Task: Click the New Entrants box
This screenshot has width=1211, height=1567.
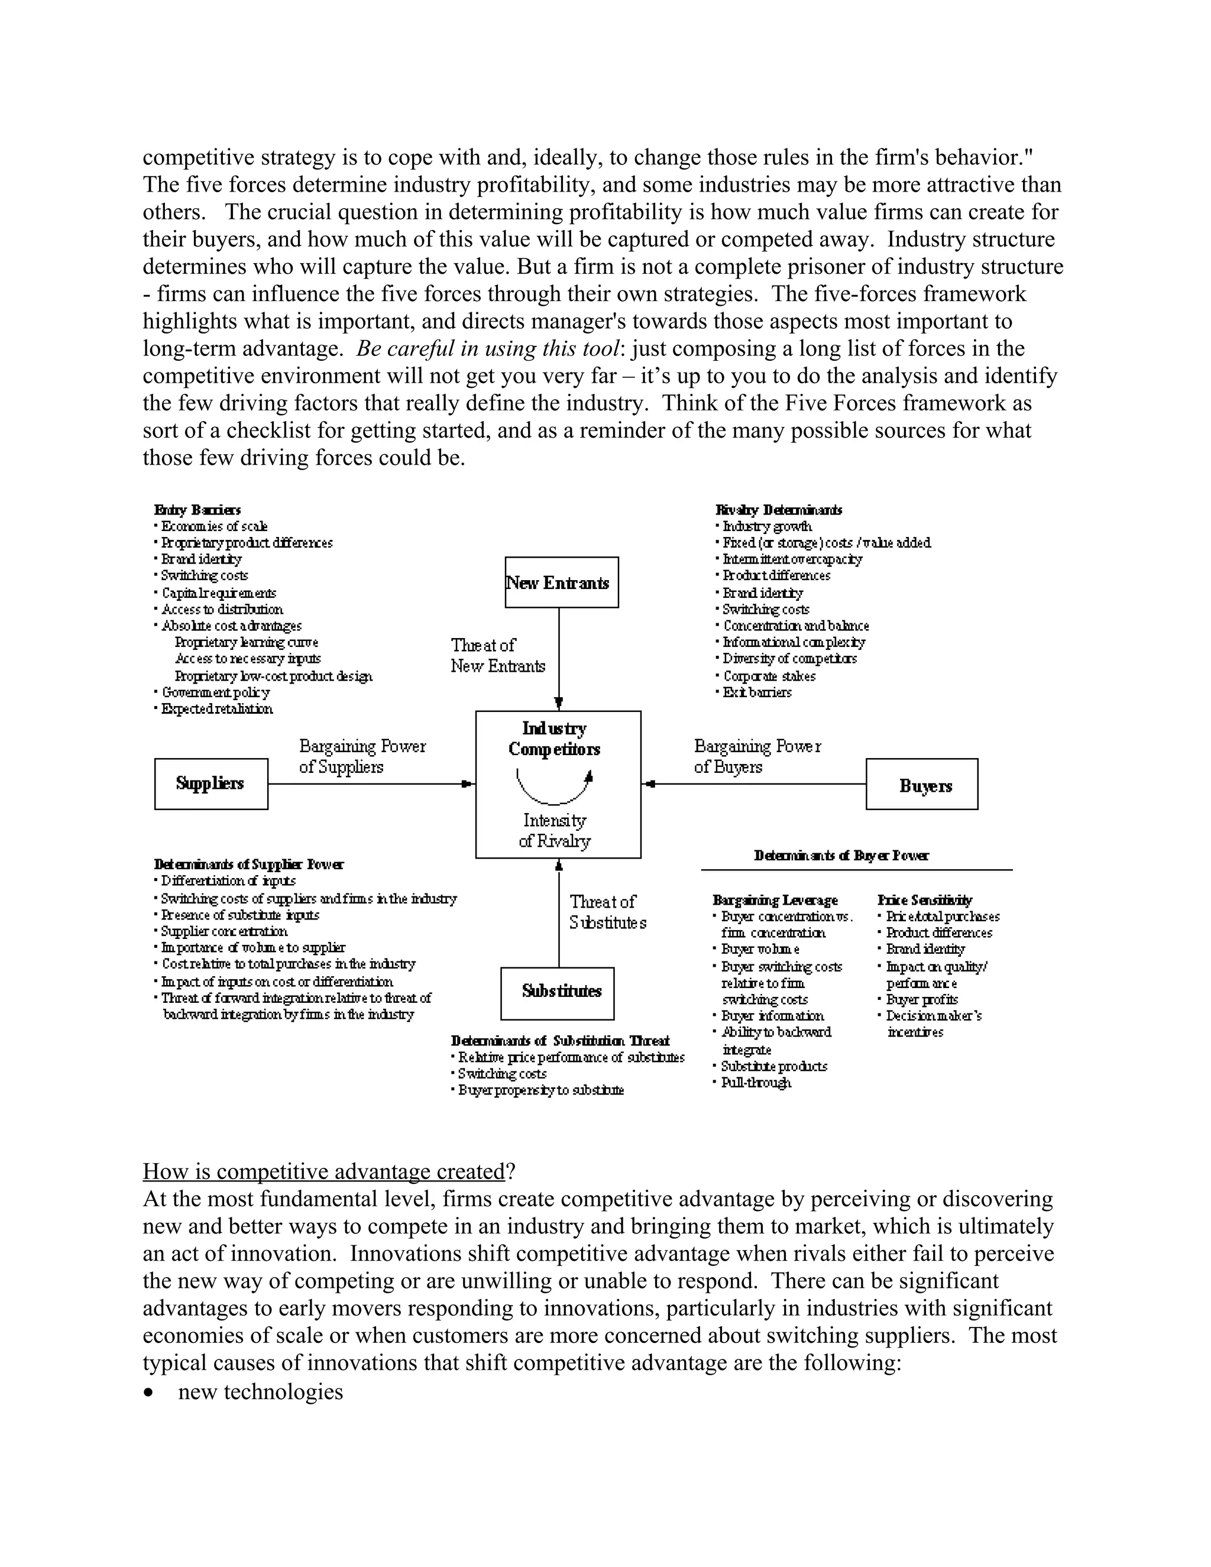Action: (561, 582)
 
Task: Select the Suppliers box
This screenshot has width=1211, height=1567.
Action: (211, 783)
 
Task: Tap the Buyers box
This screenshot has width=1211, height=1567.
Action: (922, 785)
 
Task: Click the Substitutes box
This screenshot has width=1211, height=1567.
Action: (558, 992)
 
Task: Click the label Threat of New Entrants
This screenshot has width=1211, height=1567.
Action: (497, 656)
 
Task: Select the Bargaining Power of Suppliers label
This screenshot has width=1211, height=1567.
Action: (362, 756)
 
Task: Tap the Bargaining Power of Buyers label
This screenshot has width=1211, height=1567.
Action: (757, 756)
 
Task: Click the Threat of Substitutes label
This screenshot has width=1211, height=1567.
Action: (608, 912)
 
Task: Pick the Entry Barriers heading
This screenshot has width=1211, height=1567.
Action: (197, 510)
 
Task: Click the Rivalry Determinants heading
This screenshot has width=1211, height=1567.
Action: (778, 510)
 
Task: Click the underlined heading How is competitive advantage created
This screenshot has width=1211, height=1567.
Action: (324, 1171)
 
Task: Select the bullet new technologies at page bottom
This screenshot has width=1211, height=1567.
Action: (260, 1391)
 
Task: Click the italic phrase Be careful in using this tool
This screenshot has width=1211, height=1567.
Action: (488, 349)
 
